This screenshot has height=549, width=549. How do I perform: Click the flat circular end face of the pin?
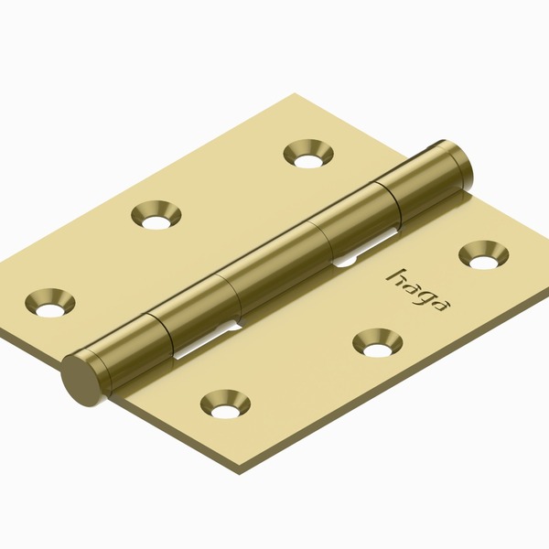pos(80,376)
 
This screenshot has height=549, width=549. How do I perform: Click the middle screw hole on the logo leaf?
pos(376,342)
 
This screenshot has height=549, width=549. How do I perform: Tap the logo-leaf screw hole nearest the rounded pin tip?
pos(482,254)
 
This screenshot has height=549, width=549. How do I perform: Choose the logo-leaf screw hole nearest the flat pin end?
pos(225,403)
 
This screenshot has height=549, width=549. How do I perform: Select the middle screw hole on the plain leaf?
pos(156,215)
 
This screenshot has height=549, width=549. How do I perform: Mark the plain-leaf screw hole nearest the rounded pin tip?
pos(307,153)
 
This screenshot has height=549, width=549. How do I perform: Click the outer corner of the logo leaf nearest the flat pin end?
pos(241,473)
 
